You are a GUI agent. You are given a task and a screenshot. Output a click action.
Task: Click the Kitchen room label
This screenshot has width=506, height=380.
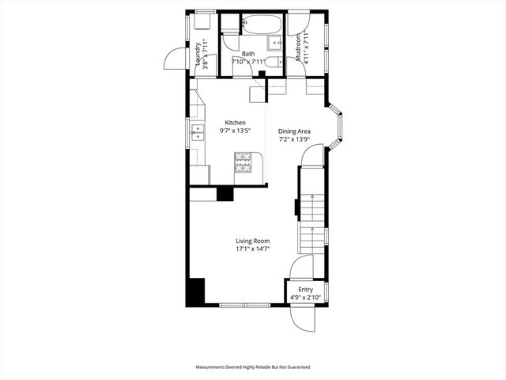[236, 122]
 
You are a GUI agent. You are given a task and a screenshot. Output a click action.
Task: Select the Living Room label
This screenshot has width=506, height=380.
[252, 241]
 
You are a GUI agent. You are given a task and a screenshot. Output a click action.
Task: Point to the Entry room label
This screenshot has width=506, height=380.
[305, 290]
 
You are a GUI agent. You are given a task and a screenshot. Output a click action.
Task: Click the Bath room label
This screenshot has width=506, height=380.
[248, 54]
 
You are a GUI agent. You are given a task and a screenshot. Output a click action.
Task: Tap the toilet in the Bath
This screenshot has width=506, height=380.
[272, 63]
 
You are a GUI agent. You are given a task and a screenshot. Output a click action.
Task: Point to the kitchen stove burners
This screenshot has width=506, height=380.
[243, 162]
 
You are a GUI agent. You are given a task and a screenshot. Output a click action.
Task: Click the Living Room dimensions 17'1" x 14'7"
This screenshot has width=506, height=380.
[253, 249]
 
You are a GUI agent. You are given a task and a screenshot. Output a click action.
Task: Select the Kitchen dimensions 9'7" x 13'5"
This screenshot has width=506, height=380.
[236, 131]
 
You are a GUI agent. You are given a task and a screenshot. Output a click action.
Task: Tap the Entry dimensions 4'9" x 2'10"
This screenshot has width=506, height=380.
[305, 298]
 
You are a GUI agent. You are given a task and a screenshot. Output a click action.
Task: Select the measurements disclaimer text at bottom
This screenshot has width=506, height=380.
[253, 367]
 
